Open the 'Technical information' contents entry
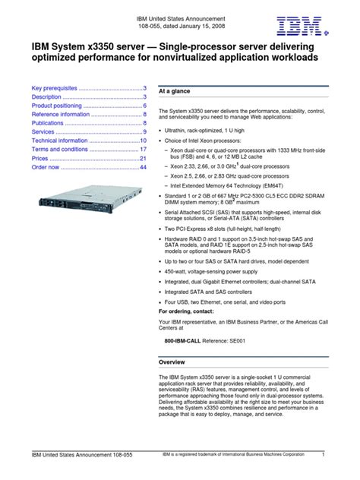[62, 141]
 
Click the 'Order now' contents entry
[46, 167]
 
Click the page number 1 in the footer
[323, 454]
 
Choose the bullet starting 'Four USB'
[217, 302]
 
